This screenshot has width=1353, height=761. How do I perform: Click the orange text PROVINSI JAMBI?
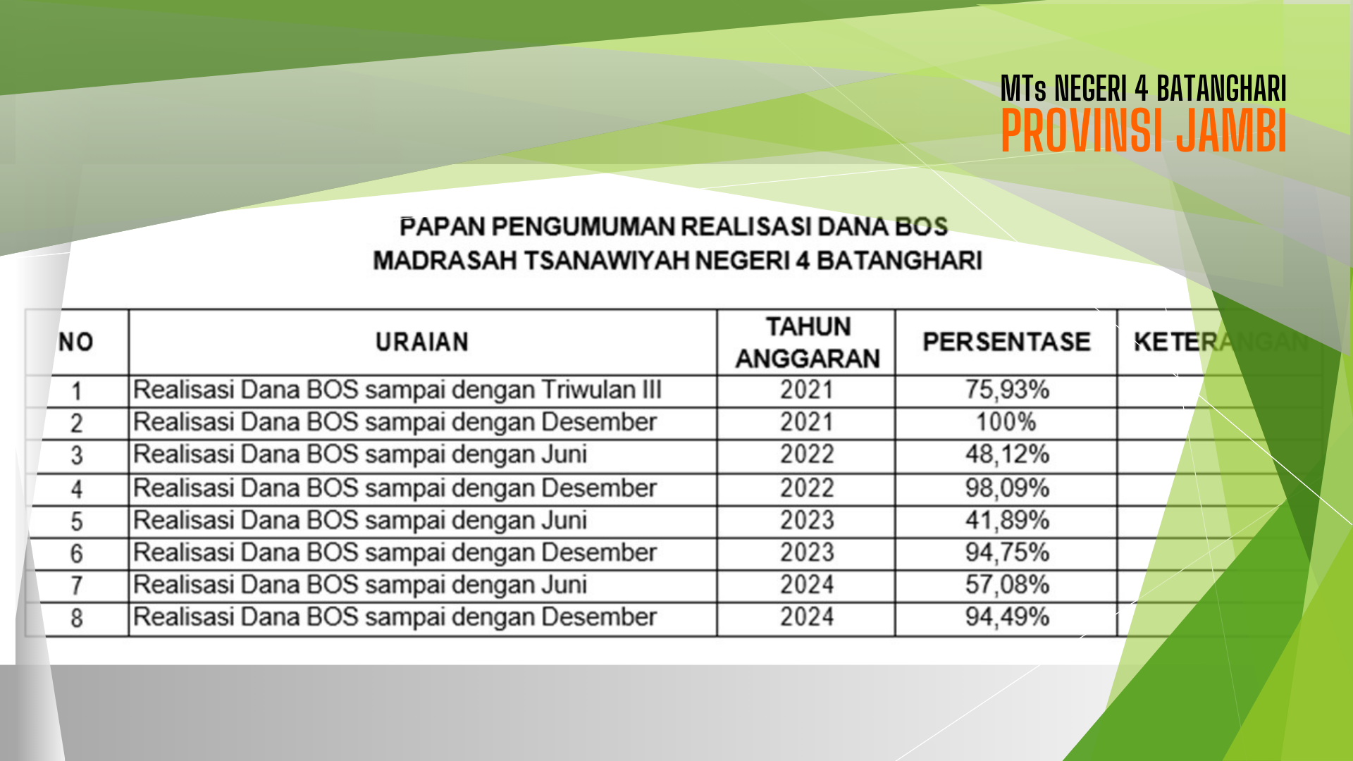(1144, 130)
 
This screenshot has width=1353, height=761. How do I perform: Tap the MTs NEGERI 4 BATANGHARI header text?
(1144, 89)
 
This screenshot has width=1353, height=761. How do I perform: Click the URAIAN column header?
(422, 342)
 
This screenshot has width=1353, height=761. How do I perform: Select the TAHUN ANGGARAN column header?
(808, 342)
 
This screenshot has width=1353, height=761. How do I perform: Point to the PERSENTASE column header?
(1007, 342)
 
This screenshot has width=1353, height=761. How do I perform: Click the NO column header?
(76, 342)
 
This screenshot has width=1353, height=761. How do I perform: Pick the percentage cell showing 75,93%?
(1007, 390)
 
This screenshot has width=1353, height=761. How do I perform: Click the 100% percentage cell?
(1006, 422)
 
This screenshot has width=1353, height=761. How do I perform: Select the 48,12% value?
(1007, 454)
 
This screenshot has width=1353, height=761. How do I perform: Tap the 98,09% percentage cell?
(1007, 488)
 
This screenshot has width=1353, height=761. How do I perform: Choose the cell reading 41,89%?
(1007, 520)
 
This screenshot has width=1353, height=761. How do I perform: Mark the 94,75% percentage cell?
(1007, 552)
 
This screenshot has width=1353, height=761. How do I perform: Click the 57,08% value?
(1007, 585)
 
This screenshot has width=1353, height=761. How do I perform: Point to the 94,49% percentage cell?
(1007, 617)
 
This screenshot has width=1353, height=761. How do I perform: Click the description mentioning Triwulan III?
(397, 390)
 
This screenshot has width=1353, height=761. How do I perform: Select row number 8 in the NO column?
(76, 619)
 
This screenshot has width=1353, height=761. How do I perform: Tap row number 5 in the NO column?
(76, 521)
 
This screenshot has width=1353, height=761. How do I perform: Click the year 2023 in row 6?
(807, 552)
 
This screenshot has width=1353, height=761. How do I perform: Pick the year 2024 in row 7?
(807, 585)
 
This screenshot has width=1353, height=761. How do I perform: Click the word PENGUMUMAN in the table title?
(583, 227)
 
